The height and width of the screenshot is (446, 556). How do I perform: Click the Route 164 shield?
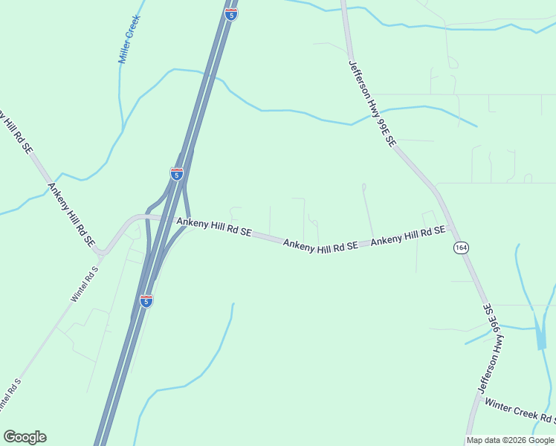(x=461, y=248)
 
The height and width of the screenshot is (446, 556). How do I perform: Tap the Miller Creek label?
(x=129, y=40)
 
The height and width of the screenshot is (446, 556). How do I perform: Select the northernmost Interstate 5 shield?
(x=231, y=13)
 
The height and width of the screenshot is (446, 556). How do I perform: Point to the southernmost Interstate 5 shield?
(x=146, y=300)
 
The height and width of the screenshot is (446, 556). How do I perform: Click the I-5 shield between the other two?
(x=177, y=174)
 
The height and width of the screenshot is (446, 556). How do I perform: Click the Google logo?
(x=25, y=437)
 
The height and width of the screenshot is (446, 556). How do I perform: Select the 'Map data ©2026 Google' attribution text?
(x=510, y=440)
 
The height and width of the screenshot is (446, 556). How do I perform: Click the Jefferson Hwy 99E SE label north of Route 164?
(x=372, y=103)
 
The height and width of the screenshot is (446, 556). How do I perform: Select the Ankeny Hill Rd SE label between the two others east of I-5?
(x=320, y=245)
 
